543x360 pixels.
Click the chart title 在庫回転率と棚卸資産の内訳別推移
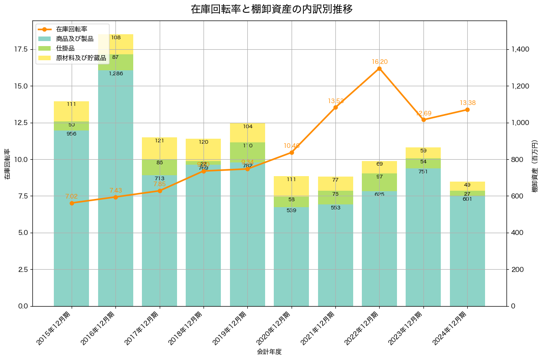271,9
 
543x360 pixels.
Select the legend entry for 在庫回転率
75,29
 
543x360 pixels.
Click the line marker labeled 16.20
379,68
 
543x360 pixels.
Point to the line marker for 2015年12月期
72,203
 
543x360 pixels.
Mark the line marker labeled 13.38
467,110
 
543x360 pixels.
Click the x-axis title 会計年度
269,352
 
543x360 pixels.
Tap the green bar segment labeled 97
379,182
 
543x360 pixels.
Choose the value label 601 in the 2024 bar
467,199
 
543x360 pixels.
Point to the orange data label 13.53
335,101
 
